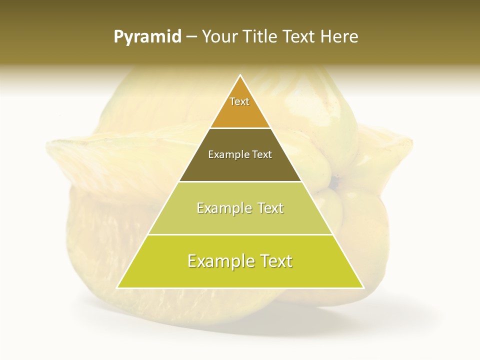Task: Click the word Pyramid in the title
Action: point(147,37)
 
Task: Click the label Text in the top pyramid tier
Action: point(239,101)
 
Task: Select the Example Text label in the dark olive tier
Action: point(240,154)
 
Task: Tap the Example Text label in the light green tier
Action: point(240,208)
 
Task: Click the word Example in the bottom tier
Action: point(218,261)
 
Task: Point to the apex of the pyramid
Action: point(240,76)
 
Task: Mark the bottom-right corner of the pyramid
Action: point(363,287)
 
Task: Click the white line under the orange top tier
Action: point(240,128)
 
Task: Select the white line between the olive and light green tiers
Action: point(240,181)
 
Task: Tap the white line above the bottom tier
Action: point(240,234)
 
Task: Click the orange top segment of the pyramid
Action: point(240,115)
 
